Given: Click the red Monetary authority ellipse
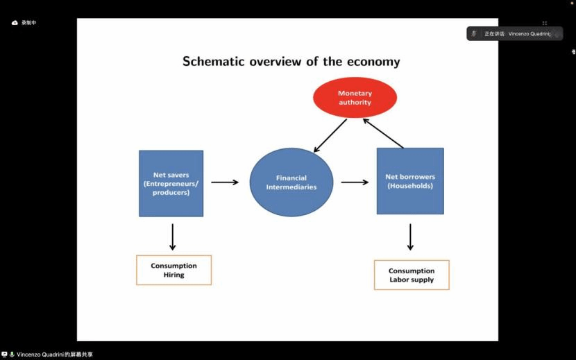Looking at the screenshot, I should pos(355,98).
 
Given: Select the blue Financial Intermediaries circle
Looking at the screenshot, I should pos(291,182).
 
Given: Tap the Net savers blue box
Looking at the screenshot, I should pos(171,183).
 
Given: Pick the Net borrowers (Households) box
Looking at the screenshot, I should pos(410,181).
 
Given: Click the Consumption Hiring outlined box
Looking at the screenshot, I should pos(174,270).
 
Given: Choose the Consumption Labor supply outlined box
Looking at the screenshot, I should pos(412,275).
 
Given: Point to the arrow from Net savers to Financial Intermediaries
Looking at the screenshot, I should pos(224,182).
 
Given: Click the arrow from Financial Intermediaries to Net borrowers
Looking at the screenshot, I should pos(355,182).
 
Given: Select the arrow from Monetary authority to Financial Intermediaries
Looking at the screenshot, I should pos(330,135).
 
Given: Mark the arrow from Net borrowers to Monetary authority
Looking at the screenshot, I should pos(383,132).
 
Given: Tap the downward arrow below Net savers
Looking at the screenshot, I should pos(173,237).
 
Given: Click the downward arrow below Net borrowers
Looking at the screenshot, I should pos(410,237).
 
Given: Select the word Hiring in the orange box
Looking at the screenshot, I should pos(174,275).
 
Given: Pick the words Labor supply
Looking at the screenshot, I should pos(412,280).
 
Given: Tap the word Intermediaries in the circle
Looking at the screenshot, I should pos(291,187).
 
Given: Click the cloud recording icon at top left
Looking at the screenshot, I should pos(15,23).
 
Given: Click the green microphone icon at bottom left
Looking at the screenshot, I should pos(12,354).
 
